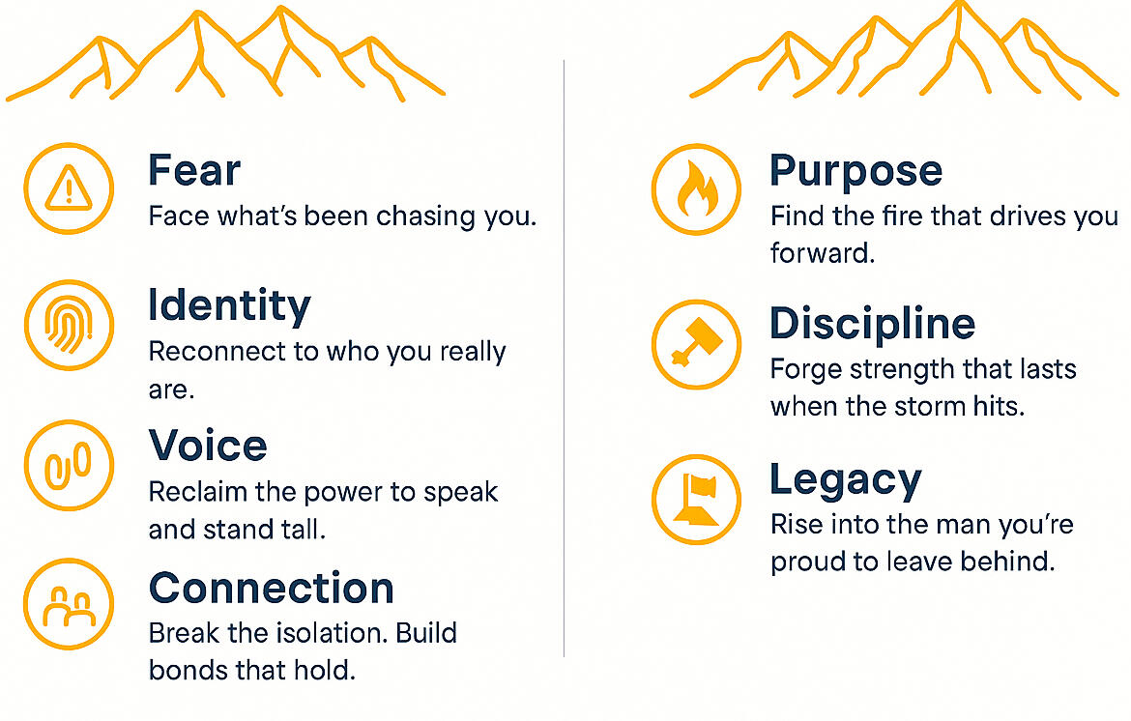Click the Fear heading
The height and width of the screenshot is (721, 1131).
click(x=194, y=170)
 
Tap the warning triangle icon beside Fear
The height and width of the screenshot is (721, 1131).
click(x=69, y=188)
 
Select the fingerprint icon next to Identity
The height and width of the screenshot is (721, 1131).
click(x=69, y=325)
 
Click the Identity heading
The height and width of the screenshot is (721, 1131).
click(x=229, y=306)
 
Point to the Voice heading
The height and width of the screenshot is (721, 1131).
click(x=208, y=445)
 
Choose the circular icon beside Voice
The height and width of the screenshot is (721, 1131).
click(x=69, y=465)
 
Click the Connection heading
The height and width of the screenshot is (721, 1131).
click(x=272, y=588)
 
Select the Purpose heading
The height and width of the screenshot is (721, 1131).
click(x=856, y=172)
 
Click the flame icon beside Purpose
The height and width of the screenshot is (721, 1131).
click(x=696, y=188)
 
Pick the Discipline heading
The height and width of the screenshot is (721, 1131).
click(x=873, y=324)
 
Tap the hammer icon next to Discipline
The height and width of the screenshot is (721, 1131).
click(x=696, y=345)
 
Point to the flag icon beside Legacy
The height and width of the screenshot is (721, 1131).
click(x=696, y=499)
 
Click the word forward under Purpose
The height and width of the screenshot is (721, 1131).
click(x=823, y=253)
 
